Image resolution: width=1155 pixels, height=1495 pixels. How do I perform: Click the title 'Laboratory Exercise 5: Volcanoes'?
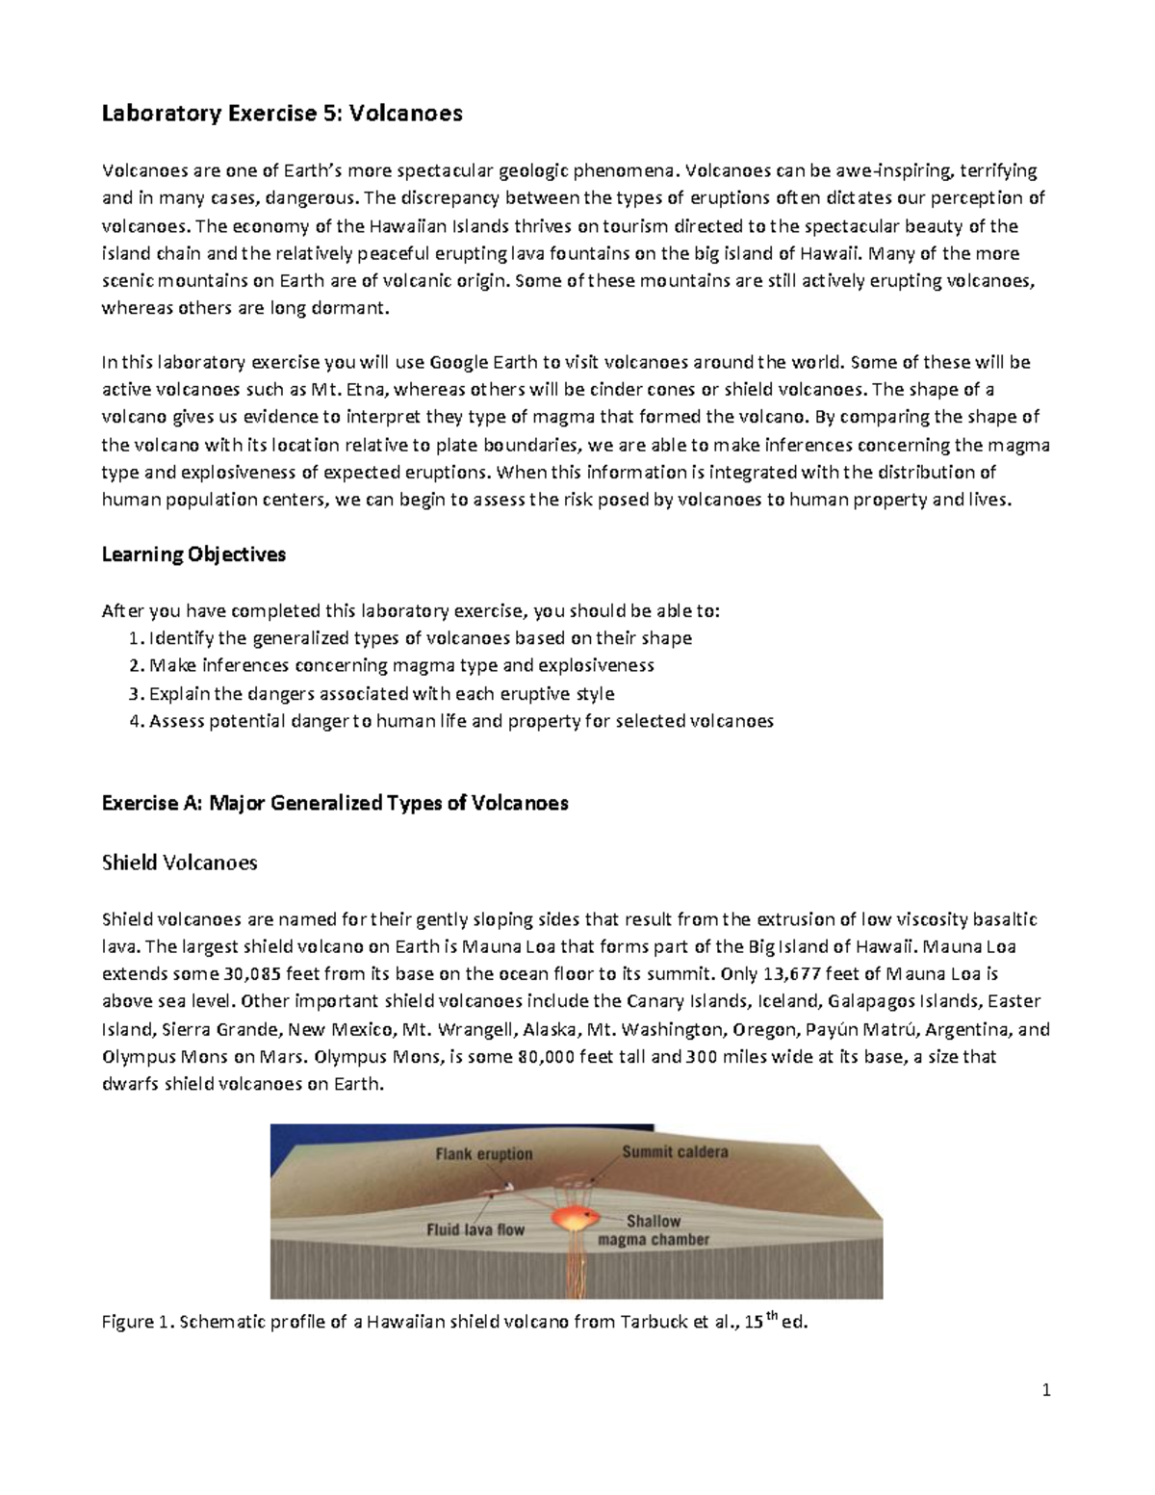(282, 114)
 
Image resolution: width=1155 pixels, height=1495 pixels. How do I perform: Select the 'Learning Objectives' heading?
(193, 554)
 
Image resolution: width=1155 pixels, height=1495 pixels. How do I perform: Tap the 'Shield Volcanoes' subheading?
(179, 863)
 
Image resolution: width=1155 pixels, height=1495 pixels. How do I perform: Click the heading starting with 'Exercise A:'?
(335, 803)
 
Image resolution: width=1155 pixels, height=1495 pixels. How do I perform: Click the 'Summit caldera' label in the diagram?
(674, 1151)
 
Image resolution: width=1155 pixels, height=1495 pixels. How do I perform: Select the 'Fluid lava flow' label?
(475, 1229)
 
